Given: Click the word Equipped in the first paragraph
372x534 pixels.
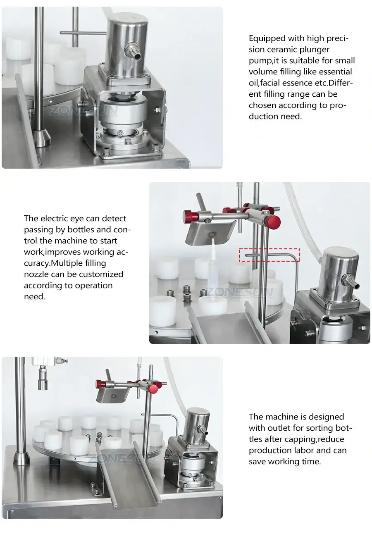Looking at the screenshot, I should click(x=267, y=38).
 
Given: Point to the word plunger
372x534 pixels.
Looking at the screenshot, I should click(x=315, y=50).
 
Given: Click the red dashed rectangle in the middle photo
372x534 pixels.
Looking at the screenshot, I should click(x=269, y=255).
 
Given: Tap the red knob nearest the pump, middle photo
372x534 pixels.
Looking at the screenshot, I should click(x=273, y=222).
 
